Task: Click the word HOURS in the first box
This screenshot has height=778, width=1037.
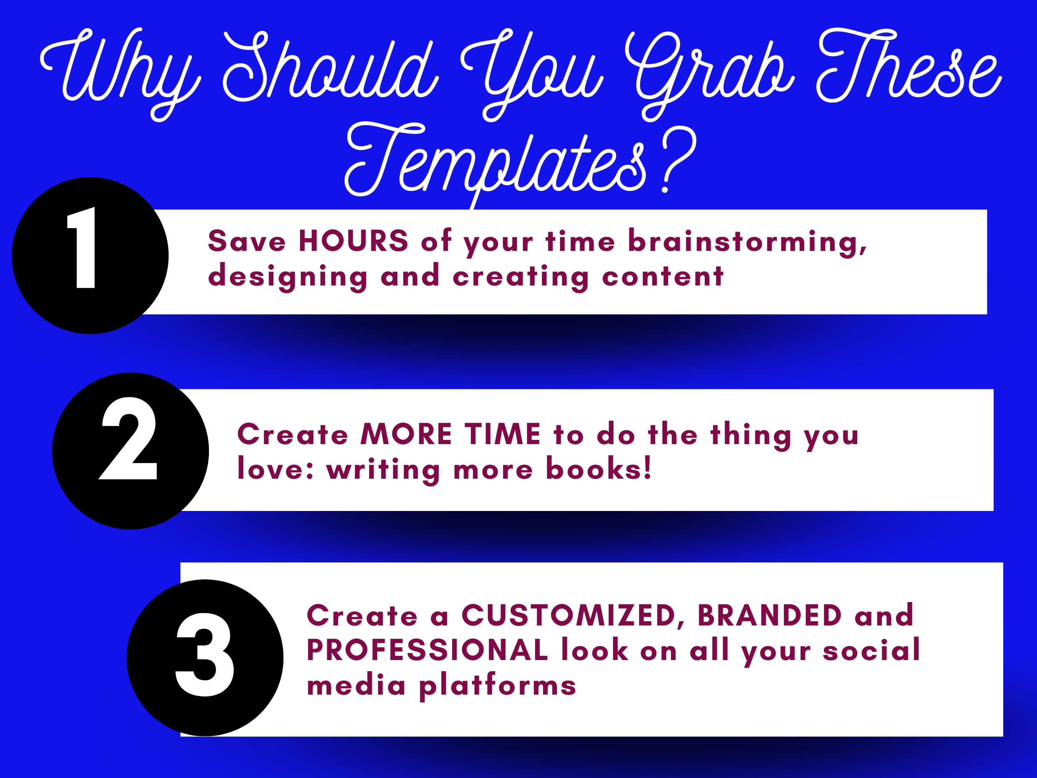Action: tap(353, 241)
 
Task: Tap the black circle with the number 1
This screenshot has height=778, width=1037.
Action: tap(90, 255)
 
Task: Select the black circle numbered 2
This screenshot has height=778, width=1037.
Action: tap(130, 451)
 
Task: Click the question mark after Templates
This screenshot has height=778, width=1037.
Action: tap(678, 160)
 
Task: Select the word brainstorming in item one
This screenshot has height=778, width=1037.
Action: tap(747, 242)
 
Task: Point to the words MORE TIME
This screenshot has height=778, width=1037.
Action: tap(451, 434)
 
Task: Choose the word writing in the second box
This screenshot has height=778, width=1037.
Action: tap(383, 470)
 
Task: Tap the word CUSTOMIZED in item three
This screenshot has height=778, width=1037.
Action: tap(573, 616)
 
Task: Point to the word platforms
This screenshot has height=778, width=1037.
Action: tap(497, 687)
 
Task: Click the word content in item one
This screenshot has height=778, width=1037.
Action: tap(663, 276)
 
